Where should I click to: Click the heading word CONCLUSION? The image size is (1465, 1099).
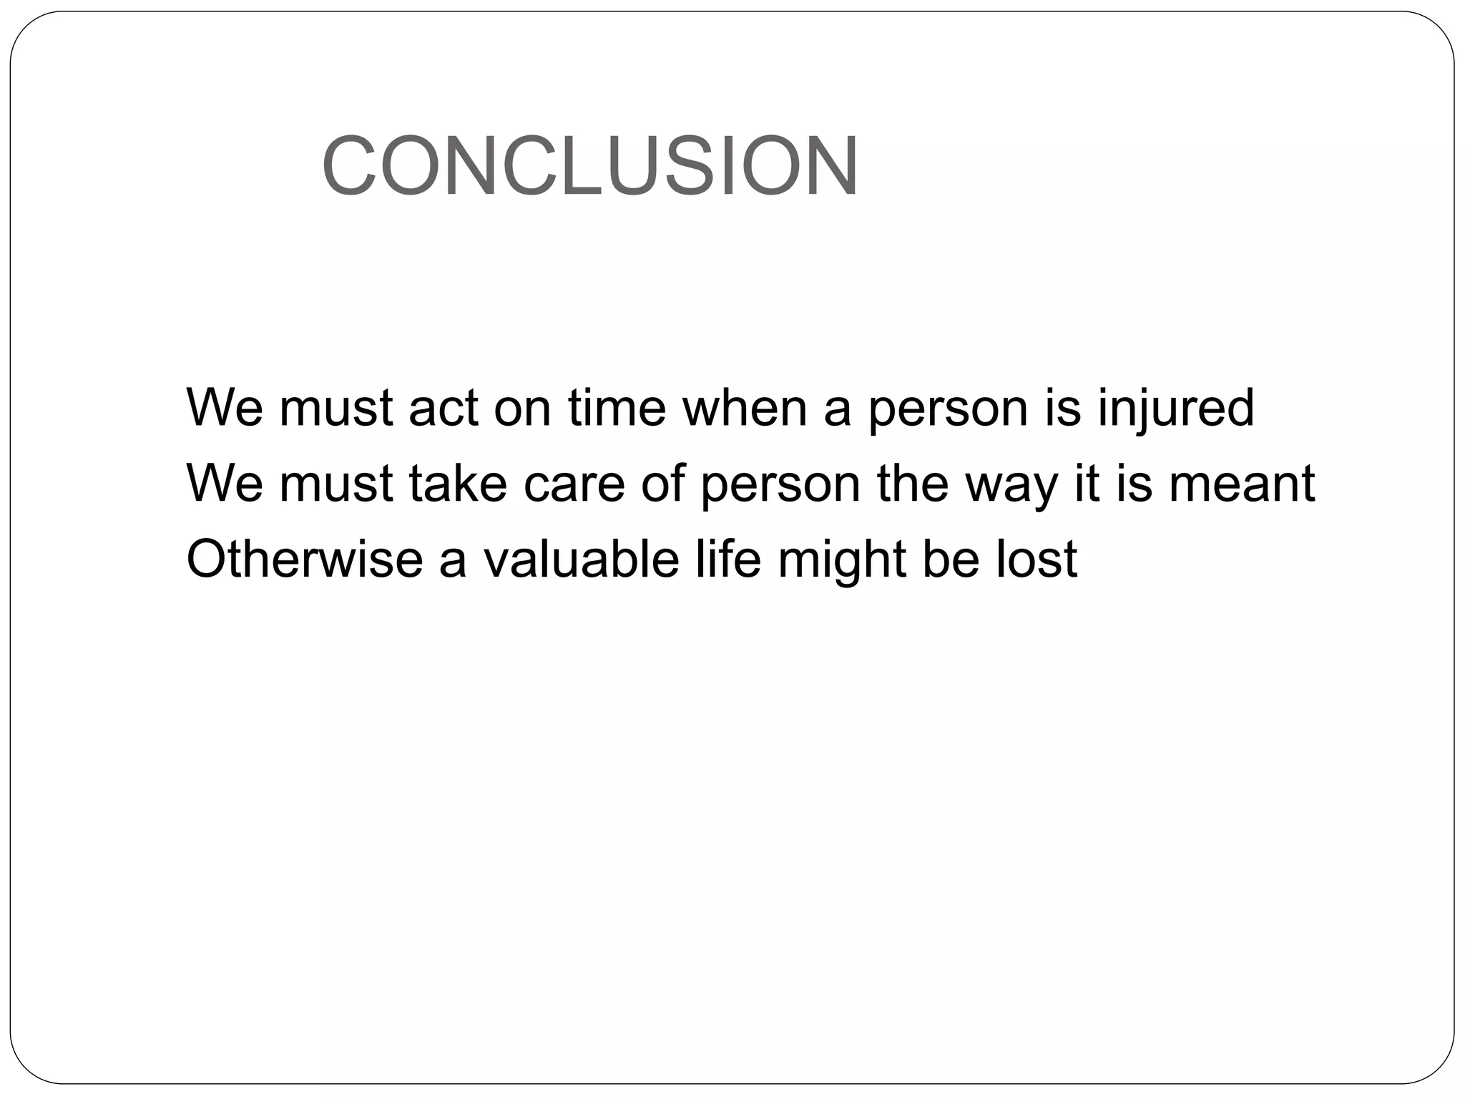pyautogui.click(x=590, y=165)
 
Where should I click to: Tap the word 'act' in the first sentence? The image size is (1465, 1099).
pyautogui.click(x=443, y=408)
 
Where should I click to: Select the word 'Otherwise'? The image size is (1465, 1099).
pyautogui.click(x=304, y=559)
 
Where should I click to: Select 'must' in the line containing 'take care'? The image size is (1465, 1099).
pyautogui.click(x=336, y=484)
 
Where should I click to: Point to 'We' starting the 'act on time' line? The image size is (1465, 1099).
pyautogui.click(x=225, y=408)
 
